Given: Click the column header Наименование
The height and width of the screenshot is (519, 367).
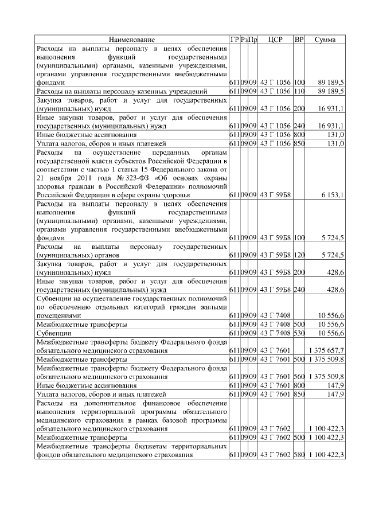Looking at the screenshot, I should (x=132, y=40).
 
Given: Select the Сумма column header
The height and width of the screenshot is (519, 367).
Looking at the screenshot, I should (x=325, y=40).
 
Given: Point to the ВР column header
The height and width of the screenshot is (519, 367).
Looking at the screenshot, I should (x=299, y=40).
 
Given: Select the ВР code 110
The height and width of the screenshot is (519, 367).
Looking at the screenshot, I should (x=299, y=91).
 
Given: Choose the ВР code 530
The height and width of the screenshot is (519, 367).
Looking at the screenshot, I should (x=299, y=333).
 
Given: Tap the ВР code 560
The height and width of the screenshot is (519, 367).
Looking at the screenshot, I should (x=299, y=376).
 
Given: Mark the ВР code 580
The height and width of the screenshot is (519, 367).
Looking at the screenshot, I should (x=299, y=454).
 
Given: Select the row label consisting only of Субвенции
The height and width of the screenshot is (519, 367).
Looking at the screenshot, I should (x=54, y=333).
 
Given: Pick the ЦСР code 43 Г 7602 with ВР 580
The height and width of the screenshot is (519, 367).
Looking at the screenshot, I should (x=275, y=454).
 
